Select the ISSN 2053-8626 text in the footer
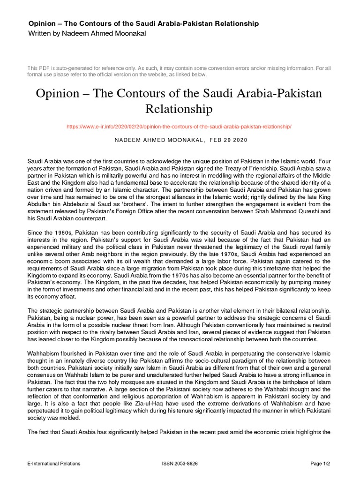tap(180, 464)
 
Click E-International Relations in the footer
tap(54, 464)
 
